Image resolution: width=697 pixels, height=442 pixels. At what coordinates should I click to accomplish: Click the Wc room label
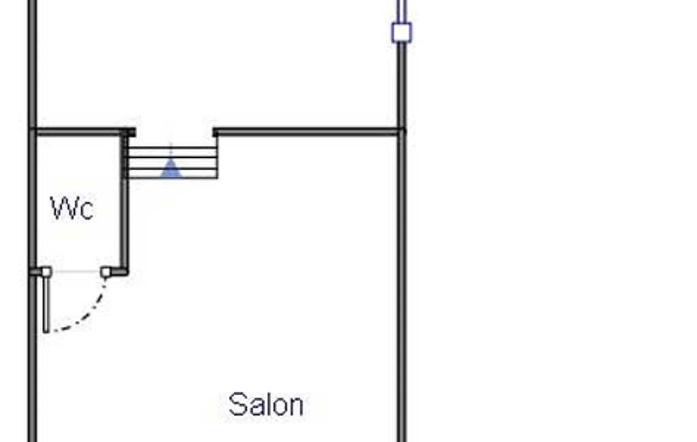coord(72,208)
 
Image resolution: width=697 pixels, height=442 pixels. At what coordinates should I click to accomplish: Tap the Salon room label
coord(266,404)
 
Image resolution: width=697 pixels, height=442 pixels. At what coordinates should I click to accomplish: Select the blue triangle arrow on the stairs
coord(171,167)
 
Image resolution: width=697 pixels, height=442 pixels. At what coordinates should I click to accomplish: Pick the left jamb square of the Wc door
coord(46,272)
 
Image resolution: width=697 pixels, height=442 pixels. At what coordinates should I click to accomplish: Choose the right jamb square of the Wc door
coord(106,272)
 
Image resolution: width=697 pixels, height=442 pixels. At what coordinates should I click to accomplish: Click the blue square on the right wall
coord(401,33)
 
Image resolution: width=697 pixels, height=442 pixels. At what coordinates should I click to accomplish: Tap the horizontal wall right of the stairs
coord(309,132)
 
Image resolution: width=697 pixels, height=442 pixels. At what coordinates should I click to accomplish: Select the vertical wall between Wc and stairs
coord(125,203)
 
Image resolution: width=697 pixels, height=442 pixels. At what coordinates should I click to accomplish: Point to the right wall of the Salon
coord(402,285)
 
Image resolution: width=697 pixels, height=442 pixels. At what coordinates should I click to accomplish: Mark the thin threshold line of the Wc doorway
coord(76,271)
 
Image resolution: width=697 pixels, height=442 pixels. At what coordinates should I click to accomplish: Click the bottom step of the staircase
coord(173,173)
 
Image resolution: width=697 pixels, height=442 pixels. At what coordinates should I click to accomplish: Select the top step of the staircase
coord(173,152)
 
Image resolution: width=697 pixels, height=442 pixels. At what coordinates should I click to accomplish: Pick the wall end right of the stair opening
coord(216,132)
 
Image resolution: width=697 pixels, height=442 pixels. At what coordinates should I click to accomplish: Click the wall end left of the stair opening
coord(131,132)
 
